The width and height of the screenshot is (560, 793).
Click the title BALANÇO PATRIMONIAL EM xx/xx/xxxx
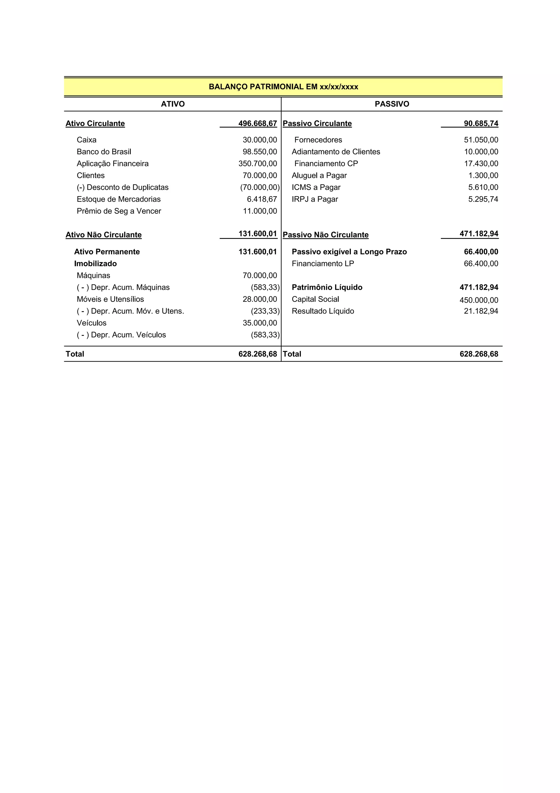(x=283, y=87)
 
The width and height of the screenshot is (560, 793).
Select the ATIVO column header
(x=173, y=104)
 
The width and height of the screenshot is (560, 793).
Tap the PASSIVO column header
(x=392, y=104)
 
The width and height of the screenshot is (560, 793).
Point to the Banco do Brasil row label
(x=104, y=152)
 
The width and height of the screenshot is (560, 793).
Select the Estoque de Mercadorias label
(x=119, y=199)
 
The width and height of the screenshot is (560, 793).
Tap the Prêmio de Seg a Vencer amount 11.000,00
(x=260, y=211)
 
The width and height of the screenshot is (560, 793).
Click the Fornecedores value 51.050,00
(x=481, y=140)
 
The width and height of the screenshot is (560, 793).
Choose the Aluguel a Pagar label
(x=319, y=175)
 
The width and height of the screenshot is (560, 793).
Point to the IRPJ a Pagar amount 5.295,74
(x=483, y=199)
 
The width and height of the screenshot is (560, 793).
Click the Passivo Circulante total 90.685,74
(x=481, y=123)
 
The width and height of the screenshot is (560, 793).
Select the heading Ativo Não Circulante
(x=104, y=235)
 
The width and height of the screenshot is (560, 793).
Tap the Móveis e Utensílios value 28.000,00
(x=260, y=299)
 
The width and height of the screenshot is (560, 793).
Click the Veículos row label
(x=91, y=323)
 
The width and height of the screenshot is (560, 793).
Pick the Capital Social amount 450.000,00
(x=479, y=300)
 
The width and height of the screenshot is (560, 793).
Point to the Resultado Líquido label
(x=323, y=311)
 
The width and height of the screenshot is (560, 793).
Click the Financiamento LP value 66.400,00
(x=481, y=264)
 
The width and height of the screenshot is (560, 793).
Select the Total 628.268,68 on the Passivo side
(x=479, y=354)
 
